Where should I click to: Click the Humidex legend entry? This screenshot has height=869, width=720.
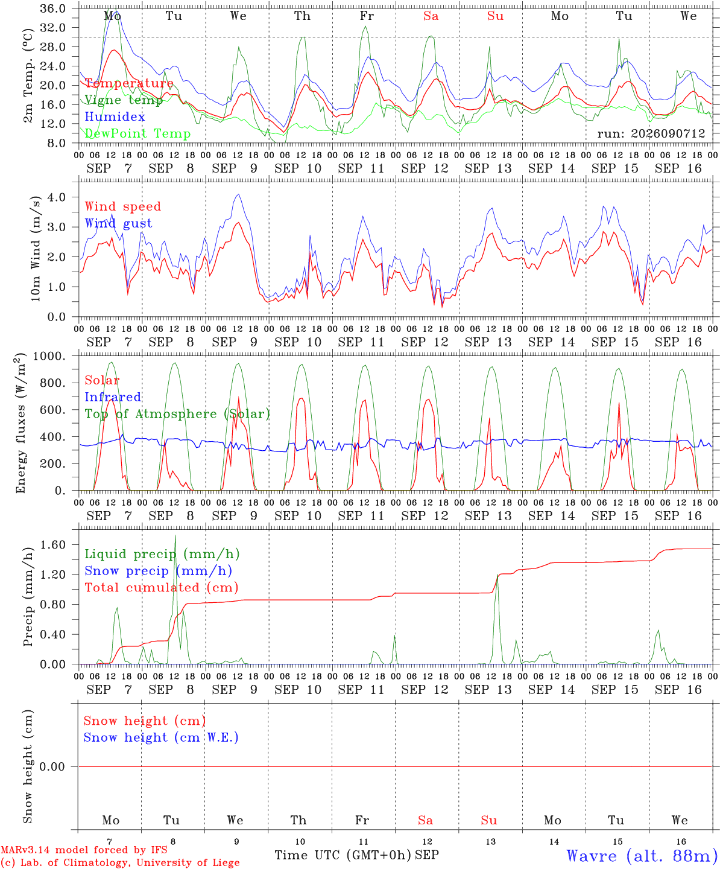[x=115, y=116]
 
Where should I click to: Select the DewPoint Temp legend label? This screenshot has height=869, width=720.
[x=137, y=133]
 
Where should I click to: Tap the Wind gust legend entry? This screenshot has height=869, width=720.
[x=119, y=223]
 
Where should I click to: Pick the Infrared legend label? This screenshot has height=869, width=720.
[x=113, y=397]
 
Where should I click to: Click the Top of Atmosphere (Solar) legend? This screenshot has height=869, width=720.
[x=178, y=414]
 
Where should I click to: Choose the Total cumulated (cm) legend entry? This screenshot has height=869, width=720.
[x=162, y=588]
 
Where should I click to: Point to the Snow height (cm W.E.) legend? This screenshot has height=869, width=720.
[x=161, y=737]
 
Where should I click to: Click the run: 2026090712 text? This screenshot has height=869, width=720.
[x=651, y=133]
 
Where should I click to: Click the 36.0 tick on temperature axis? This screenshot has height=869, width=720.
[x=53, y=8]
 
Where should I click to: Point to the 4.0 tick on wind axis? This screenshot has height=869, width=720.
[x=57, y=197]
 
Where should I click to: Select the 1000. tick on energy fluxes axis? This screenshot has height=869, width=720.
[x=49, y=356]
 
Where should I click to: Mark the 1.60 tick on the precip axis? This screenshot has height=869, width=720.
[x=53, y=544]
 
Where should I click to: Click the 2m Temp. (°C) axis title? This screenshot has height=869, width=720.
[x=28, y=76]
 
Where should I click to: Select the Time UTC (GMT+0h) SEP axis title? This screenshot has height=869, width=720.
[x=356, y=855]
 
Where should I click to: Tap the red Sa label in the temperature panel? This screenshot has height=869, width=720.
[x=431, y=16]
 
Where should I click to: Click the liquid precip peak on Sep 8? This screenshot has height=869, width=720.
[x=175, y=536]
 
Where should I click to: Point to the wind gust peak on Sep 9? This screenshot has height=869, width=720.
[x=238, y=194]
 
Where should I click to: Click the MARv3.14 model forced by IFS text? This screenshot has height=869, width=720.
[x=84, y=850]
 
